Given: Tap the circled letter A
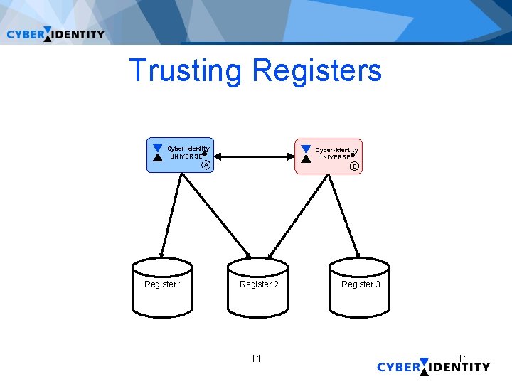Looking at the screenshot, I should (x=206, y=166).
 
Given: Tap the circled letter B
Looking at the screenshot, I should (x=354, y=167).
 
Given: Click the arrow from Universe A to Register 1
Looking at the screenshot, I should (x=171, y=213).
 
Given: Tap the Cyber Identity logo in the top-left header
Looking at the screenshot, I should (x=55, y=34).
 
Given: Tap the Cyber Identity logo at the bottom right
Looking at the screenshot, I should (x=433, y=367).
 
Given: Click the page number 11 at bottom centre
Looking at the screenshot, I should (x=256, y=358).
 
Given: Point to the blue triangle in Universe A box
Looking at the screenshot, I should (x=158, y=148).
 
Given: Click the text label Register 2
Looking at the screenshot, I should (x=259, y=284).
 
